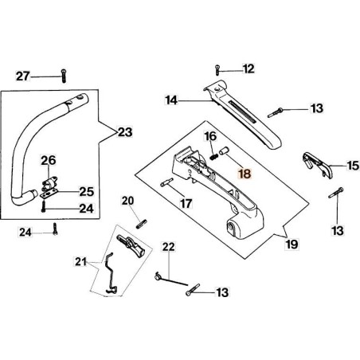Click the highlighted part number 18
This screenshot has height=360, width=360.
(x=245, y=174)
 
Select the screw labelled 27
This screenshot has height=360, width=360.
(x=64, y=76)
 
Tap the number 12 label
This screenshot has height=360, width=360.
(x=248, y=68)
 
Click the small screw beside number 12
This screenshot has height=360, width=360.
(x=217, y=70)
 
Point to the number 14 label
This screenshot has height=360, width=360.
(x=171, y=100)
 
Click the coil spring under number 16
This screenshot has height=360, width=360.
(x=213, y=157)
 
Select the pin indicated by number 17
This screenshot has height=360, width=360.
(x=166, y=182)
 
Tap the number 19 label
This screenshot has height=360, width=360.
(x=292, y=244)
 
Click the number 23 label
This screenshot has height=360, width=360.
(x=125, y=132)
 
